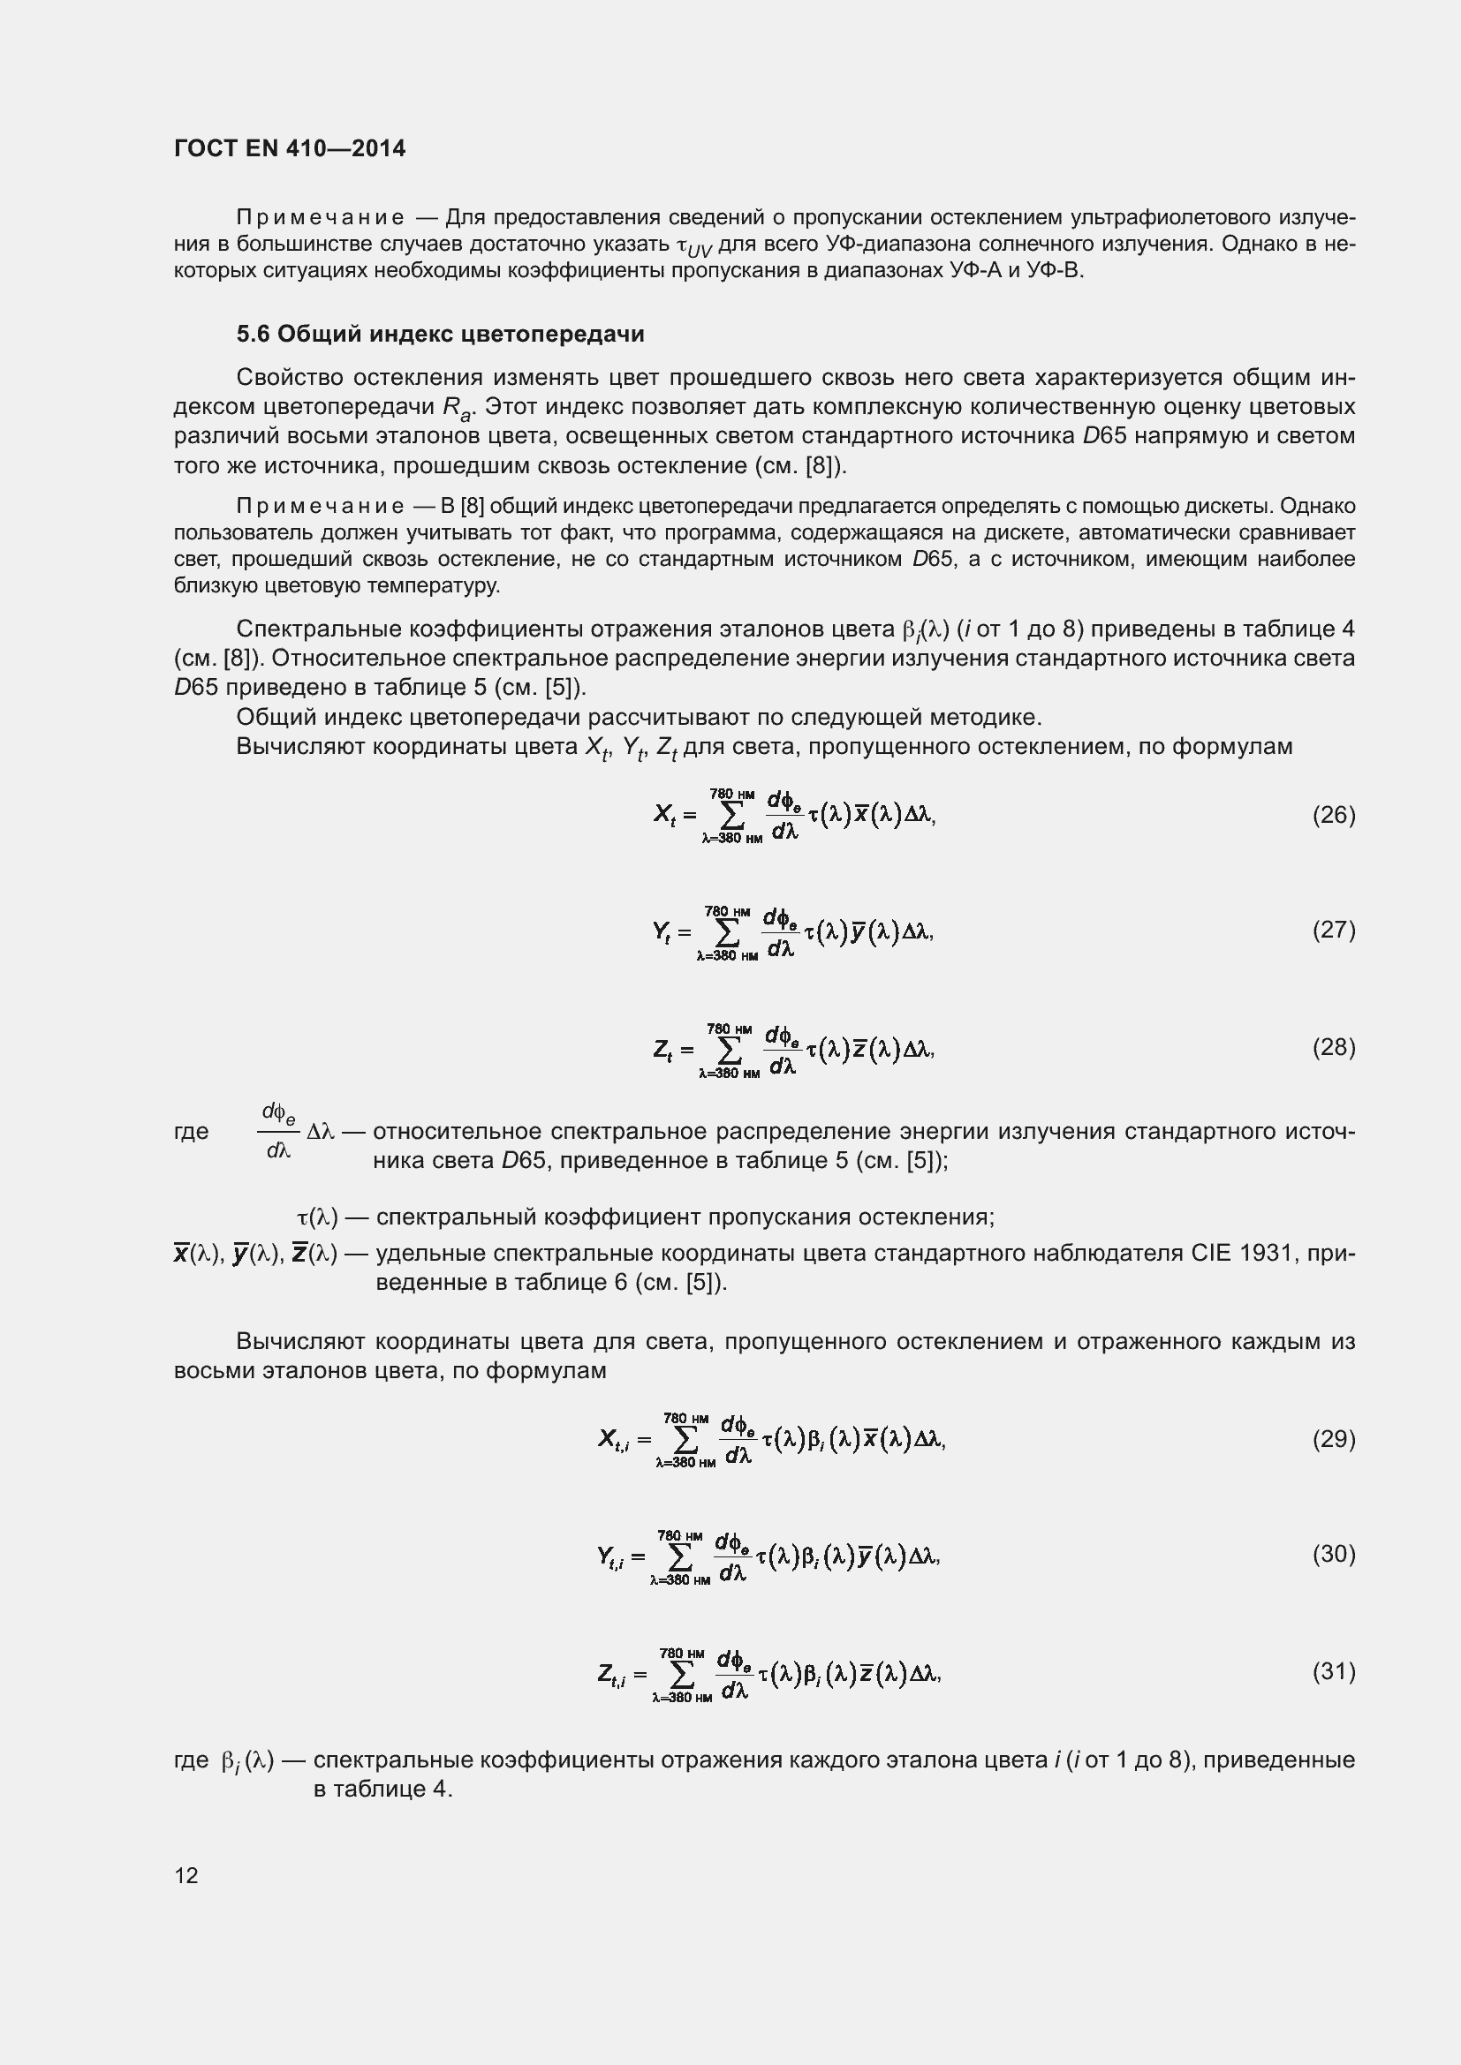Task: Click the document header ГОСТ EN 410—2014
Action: (x=289, y=148)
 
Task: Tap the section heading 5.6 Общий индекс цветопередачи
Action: (x=440, y=334)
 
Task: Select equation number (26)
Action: (x=1332, y=815)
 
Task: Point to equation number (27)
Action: (x=1332, y=930)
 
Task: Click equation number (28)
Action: (x=1332, y=1048)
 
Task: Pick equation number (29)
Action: (x=1332, y=1439)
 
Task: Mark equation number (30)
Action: (x=1332, y=1554)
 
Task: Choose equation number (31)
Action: (x=1332, y=1671)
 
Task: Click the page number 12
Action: (x=186, y=1875)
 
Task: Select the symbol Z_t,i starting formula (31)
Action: (x=611, y=1674)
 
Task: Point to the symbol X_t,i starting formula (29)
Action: (x=613, y=1441)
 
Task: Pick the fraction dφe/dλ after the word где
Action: (x=278, y=1132)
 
